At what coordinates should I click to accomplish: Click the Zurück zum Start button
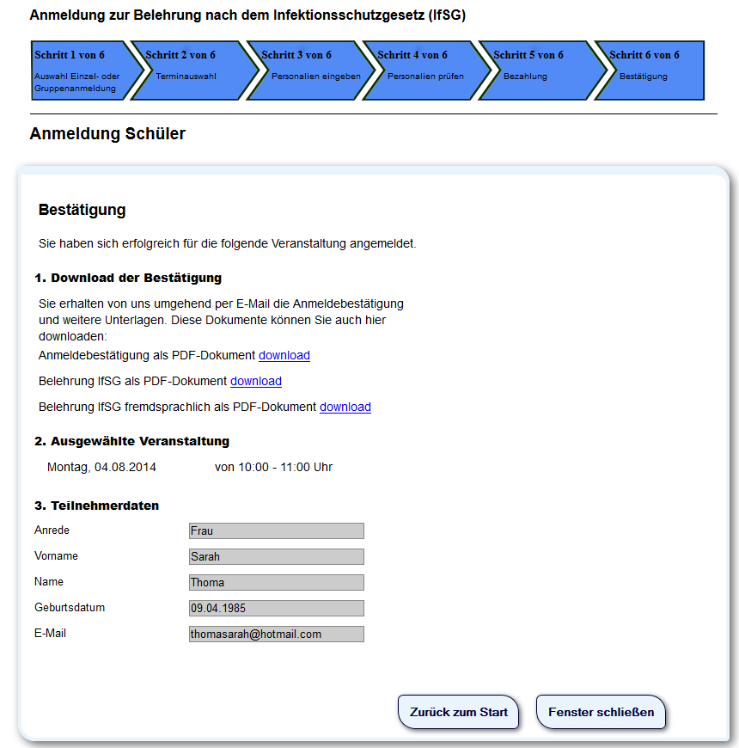(x=458, y=712)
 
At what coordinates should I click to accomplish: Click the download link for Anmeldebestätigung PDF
(x=284, y=355)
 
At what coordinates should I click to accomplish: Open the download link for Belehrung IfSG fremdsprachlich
(x=345, y=407)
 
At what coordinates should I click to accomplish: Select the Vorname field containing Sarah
(x=276, y=556)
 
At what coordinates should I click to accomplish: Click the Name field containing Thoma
(x=276, y=582)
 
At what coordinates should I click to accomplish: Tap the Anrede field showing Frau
(x=276, y=530)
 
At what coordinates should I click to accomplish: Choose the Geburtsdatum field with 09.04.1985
(x=276, y=608)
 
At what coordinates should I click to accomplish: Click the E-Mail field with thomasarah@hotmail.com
(x=276, y=634)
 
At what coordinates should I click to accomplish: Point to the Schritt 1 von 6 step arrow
(x=81, y=71)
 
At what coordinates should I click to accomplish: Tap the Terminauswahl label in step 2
(x=186, y=77)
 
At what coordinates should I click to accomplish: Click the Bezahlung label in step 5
(x=525, y=77)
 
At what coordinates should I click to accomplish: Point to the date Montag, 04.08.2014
(x=101, y=467)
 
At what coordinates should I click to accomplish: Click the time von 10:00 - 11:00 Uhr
(x=273, y=467)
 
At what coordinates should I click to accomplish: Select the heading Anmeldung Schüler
(x=107, y=133)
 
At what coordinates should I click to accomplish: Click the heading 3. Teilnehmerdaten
(x=96, y=506)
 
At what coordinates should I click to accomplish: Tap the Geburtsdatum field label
(x=70, y=607)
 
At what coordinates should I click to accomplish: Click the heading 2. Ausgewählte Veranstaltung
(x=131, y=441)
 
